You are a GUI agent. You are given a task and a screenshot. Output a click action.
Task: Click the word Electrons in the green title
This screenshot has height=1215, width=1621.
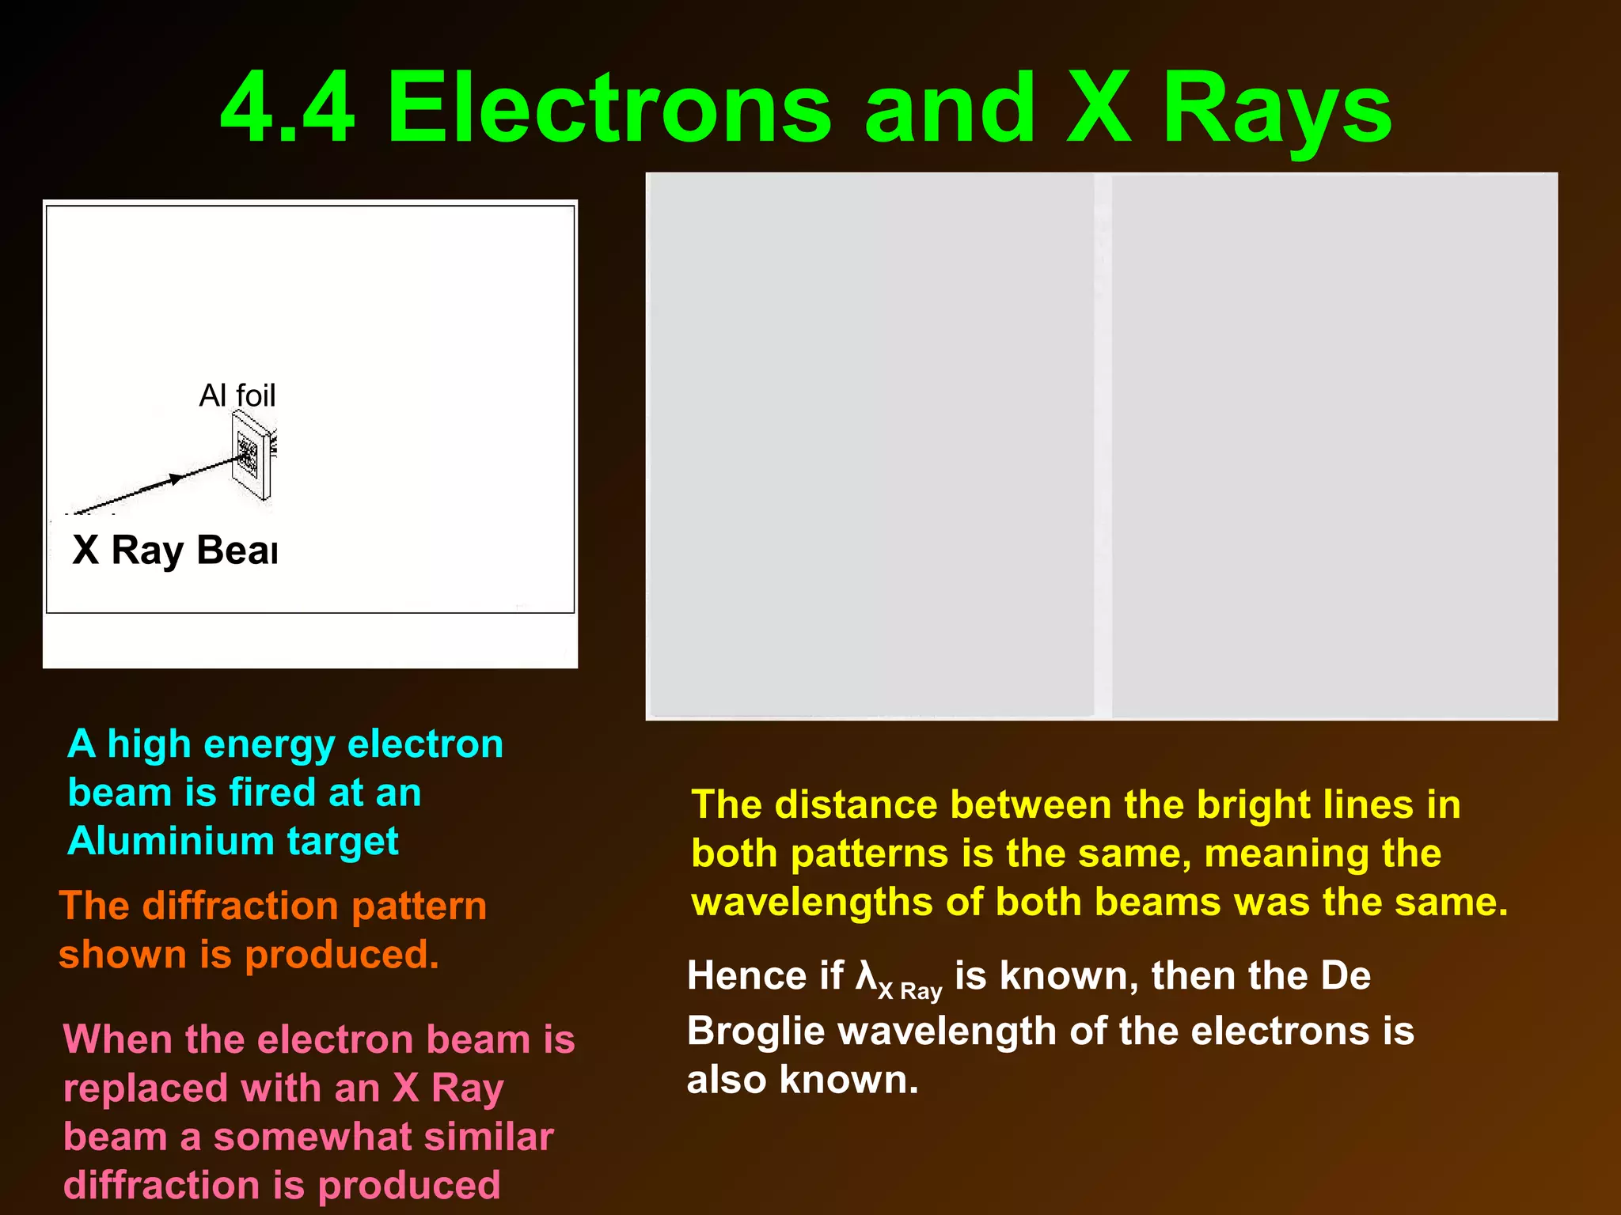(609, 108)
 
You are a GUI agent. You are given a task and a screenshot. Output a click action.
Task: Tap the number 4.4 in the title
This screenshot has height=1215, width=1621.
(287, 108)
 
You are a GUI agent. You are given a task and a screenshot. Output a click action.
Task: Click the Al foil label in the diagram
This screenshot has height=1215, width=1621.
(237, 395)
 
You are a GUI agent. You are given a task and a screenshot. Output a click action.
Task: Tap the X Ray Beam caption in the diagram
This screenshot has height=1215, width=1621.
(174, 550)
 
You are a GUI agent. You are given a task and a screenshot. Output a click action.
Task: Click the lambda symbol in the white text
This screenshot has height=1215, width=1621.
(866, 975)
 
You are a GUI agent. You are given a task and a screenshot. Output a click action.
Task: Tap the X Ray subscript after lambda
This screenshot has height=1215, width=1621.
(910, 990)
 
